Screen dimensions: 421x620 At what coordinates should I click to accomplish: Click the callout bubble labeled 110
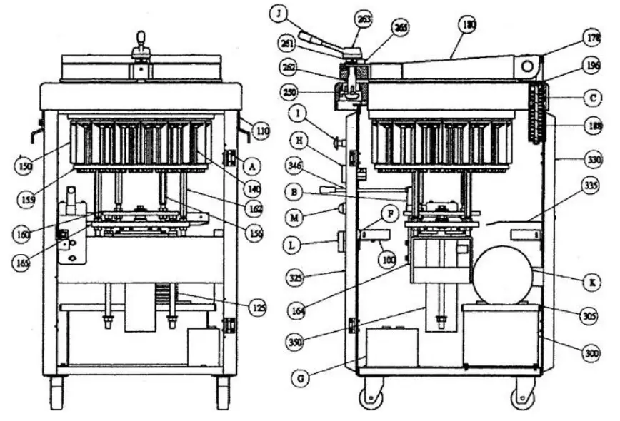pyautogui.click(x=262, y=131)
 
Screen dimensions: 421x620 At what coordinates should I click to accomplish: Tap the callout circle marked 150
pyautogui.click(x=24, y=166)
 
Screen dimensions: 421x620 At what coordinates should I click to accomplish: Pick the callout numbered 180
pyautogui.click(x=469, y=24)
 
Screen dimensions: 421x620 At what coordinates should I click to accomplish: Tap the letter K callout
pyautogui.click(x=589, y=283)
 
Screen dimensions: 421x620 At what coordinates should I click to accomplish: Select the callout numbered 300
pyautogui.click(x=589, y=353)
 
